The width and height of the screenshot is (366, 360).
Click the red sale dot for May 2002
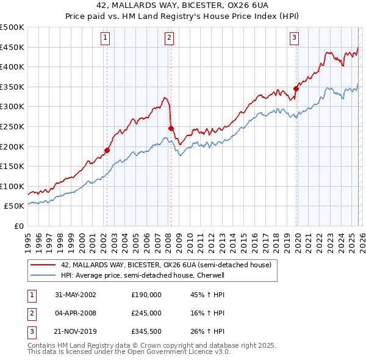[x=107, y=149]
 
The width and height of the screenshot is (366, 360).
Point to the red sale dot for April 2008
[x=171, y=128]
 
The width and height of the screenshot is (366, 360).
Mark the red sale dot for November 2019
[x=296, y=88]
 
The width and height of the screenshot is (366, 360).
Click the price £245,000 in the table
[x=146, y=313]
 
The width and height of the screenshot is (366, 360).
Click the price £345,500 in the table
[x=146, y=332]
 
